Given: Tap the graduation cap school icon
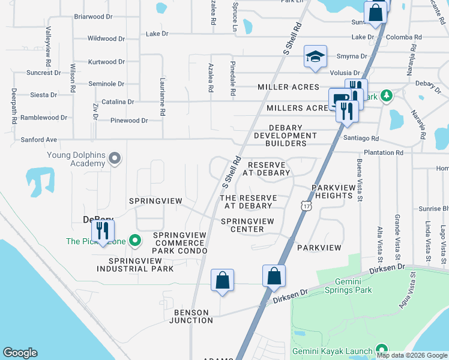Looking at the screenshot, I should click(x=315, y=56).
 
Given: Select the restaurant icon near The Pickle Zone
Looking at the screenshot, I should click(x=103, y=230).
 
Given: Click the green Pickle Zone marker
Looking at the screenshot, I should click(x=136, y=241).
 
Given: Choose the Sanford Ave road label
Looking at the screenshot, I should click(x=38, y=140).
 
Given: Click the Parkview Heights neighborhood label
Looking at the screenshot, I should click(x=332, y=191).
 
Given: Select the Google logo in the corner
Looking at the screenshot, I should click(x=20, y=353).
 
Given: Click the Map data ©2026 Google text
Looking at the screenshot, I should click(x=412, y=355).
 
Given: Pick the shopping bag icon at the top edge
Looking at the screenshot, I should click(x=375, y=13).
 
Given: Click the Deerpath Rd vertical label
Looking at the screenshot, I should click(x=14, y=107).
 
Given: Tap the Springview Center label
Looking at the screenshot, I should click(x=247, y=225).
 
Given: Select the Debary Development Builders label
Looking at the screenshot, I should click(x=280, y=136).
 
